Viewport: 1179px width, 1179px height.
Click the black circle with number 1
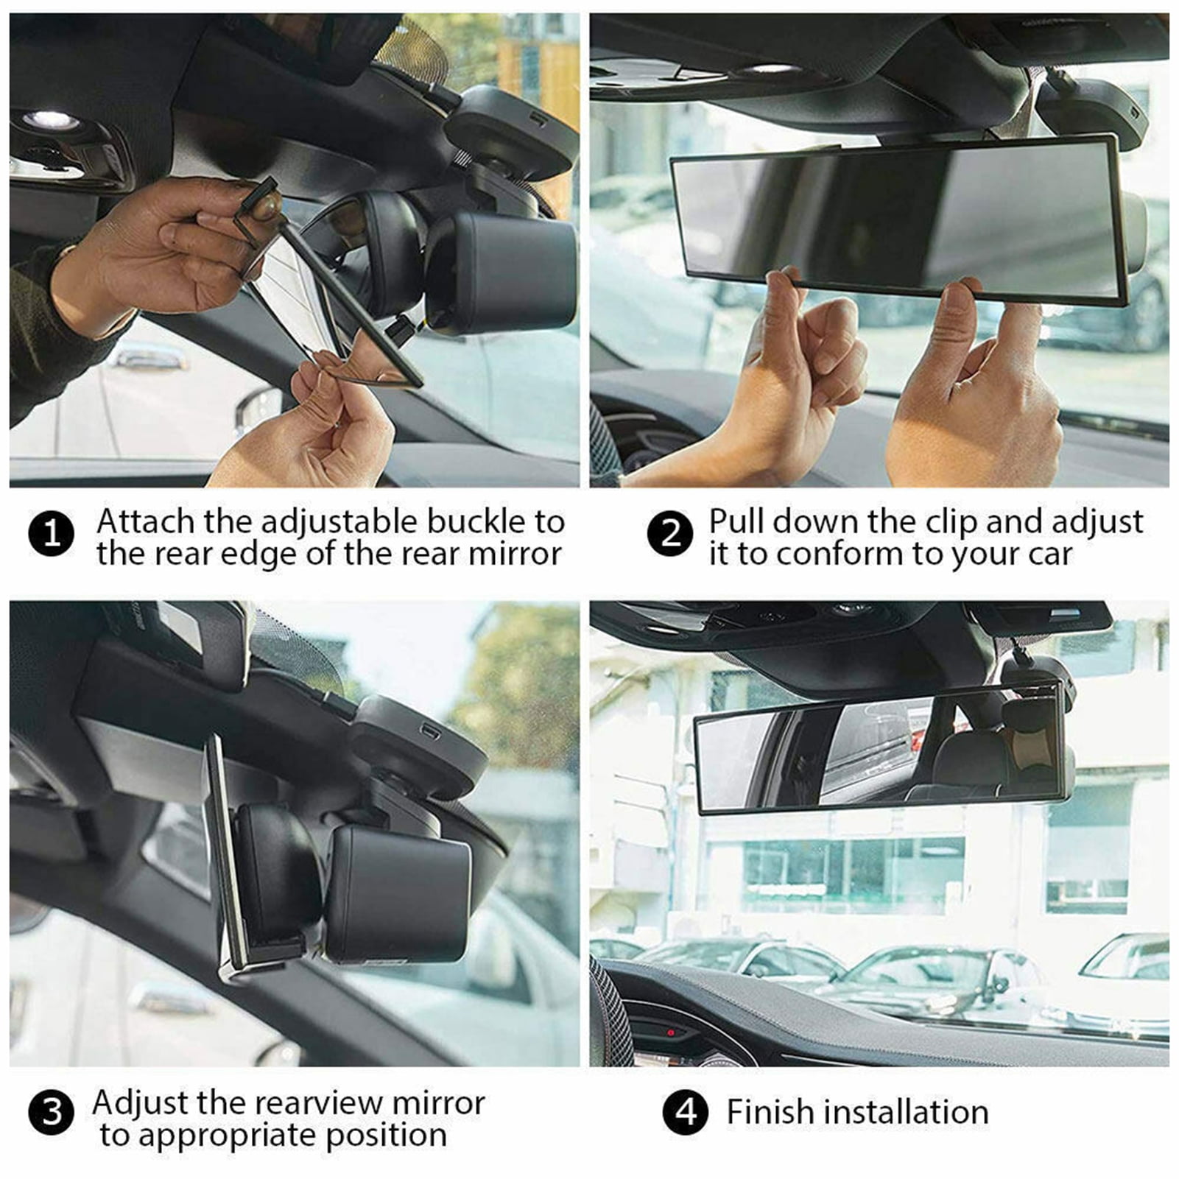[x=51, y=533]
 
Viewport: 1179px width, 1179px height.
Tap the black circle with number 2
[x=669, y=533]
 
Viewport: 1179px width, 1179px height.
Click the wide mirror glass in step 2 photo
[x=898, y=217]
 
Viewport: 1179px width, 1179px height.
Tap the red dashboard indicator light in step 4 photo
[x=672, y=1032]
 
